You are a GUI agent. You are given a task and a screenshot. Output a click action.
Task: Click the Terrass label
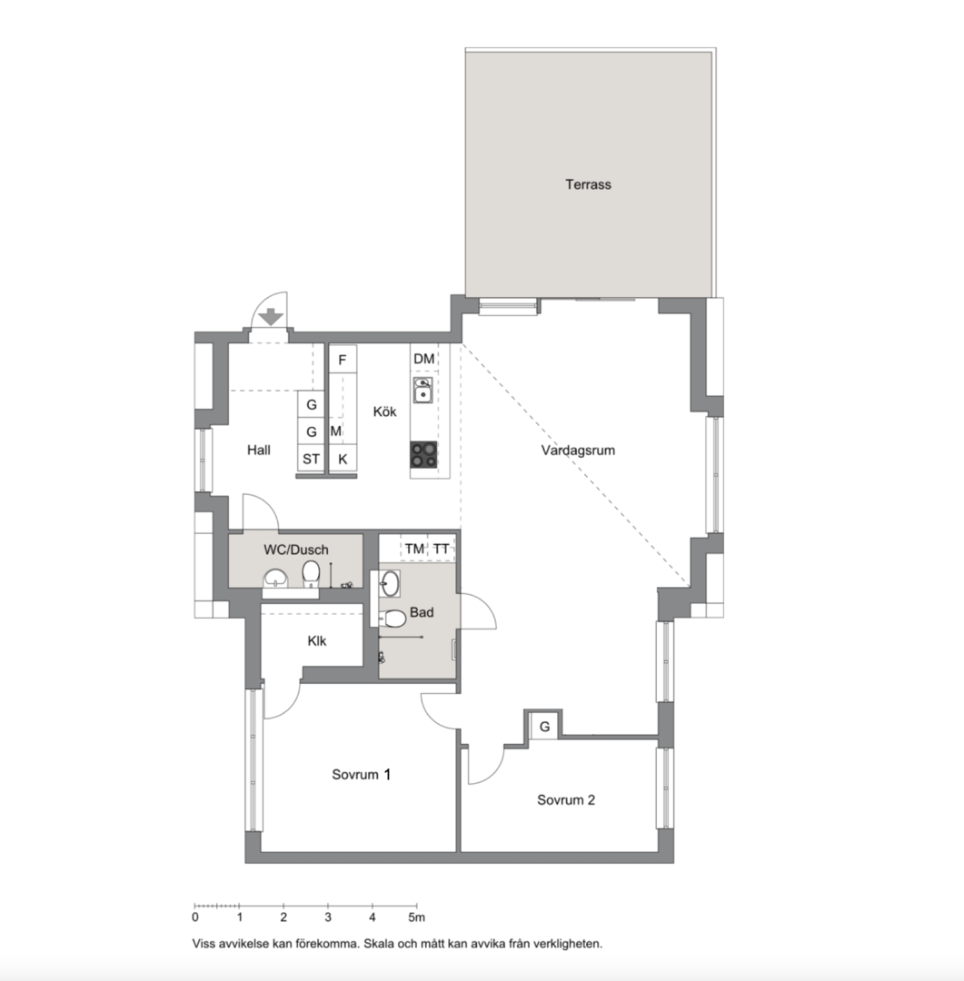click(x=588, y=184)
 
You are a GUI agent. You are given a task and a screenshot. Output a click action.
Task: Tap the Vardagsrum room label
click(x=578, y=450)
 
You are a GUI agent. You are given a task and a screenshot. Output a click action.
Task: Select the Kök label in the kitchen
click(x=384, y=411)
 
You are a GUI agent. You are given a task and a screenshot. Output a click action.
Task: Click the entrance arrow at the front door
click(x=271, y=317)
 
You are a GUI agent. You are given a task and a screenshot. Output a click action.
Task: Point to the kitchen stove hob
click(x=423, y=454)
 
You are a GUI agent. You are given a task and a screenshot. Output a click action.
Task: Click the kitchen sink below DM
click(x=423, y=390)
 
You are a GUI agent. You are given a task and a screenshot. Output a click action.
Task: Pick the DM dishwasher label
click(x=423, y=359)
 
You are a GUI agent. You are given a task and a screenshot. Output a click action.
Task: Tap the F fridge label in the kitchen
click(x=342, y=360)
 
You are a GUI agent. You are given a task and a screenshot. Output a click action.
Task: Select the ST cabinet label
click(x=311, y=460)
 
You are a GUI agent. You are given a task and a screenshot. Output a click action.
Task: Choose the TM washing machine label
click(x=413, y=549)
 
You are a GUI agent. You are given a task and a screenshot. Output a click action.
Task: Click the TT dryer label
click(x=442, y=549)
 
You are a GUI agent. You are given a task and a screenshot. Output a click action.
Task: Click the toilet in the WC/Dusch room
click(x=311, y=574)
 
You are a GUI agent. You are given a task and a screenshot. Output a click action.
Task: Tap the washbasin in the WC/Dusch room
click(x=275, y=578)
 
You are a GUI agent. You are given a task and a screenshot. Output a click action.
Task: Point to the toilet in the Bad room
click(x=393, y=619)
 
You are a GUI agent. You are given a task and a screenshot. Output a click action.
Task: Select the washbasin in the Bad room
click(x=390, y=583)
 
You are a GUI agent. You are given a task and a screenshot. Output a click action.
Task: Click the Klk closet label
click(x=317, y=640)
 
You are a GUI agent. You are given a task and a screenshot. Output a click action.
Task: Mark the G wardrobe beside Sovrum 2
click(x=544, y=727)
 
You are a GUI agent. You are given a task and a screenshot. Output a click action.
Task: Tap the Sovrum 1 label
click(x=362, y=775)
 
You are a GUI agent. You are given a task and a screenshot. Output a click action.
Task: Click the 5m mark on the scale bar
click(x=416, y=917)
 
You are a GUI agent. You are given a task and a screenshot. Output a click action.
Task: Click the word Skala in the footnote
click(x=382, y=944)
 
